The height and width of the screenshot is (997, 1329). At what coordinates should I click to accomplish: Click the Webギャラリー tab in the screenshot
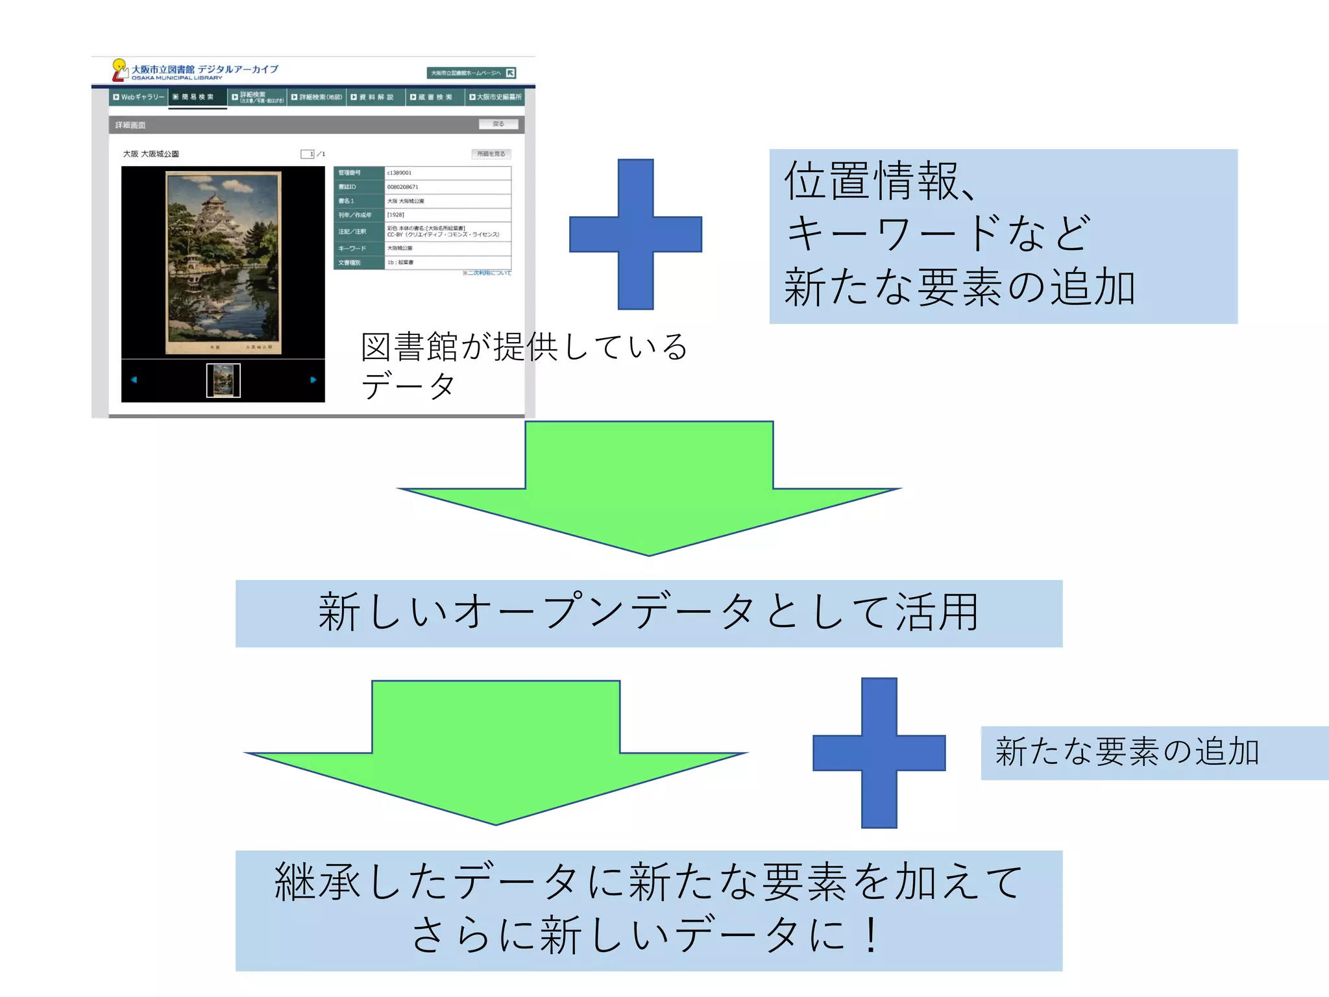(139, 97)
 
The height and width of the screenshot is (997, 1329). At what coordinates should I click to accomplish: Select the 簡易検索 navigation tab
(197, 97)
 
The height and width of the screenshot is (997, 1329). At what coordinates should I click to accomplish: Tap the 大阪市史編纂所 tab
(495, 97)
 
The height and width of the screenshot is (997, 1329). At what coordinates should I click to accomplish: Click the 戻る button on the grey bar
(498, 124)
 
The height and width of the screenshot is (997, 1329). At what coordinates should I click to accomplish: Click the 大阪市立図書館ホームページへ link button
(471, 73)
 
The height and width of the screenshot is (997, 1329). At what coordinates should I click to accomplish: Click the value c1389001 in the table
(400, 173)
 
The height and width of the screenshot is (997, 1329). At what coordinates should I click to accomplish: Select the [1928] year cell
(396, 215)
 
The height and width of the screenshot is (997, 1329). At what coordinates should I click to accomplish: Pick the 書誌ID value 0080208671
(403, 187)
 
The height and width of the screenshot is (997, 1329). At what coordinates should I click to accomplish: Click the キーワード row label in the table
(352, 249)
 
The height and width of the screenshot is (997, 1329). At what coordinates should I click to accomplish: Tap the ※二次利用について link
(487, 273)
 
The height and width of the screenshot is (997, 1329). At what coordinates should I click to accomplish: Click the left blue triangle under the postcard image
(134, 380)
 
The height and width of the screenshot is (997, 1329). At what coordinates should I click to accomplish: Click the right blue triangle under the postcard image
(313, 380)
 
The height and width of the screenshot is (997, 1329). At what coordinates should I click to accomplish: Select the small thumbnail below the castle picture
(223, 380)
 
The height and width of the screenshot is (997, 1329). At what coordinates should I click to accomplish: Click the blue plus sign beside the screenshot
(635, 234)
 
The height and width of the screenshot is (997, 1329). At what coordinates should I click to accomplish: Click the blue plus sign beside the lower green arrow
(879, 753)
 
